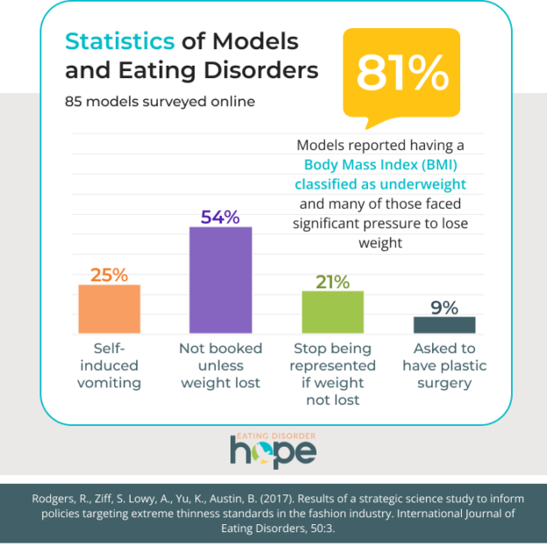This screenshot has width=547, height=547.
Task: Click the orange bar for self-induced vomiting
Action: tap(110, 309)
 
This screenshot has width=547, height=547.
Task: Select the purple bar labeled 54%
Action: tap(221, 280)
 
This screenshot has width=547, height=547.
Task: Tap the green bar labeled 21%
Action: tap(332, 311)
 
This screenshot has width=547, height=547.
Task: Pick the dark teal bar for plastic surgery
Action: tap(444, 324)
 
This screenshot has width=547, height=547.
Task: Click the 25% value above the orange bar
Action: tap(110, 274)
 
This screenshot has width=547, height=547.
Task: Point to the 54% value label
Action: tap(221, 217)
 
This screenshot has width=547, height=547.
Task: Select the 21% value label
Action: tap(332, 281)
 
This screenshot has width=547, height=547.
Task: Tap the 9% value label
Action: tap(444, 307)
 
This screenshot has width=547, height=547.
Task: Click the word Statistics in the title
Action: tap(120, 41)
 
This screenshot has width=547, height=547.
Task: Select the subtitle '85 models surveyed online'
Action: tap(160, 101)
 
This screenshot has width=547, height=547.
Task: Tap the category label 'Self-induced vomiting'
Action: tap(110, 366)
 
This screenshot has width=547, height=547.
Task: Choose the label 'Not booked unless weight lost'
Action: tap(221, 366)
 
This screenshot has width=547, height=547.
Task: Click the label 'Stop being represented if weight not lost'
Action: tap(332, 374)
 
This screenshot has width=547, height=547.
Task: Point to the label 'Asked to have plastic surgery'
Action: tap(444, 366)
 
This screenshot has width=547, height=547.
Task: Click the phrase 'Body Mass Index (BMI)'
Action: tap(380, 165)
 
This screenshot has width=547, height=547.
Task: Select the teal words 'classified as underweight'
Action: tap(380, 184)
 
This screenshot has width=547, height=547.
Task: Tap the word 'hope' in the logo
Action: tap(273, 451)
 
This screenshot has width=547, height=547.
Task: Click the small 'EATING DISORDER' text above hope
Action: tap(273, 435)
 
